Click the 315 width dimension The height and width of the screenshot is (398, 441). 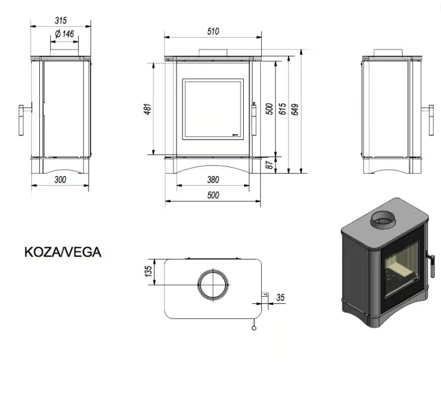coord(61,21)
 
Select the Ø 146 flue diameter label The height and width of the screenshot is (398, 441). coord(64,34)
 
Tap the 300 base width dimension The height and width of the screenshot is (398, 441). coord(60,179)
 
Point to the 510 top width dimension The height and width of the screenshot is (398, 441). coord(213,32)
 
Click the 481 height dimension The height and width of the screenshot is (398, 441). coord(146,108)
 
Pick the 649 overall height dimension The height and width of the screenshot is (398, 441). coord(295,109)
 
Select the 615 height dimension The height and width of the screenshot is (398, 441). coord(283,109)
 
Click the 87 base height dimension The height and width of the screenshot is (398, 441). coord(269,165)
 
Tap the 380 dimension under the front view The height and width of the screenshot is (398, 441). coord(213,179)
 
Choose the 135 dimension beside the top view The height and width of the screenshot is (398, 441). coord(148,272)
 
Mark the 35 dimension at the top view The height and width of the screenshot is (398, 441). coord(281,298)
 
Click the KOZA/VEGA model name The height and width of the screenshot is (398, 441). coord(63,252)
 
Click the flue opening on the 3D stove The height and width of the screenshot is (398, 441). coord(385,220)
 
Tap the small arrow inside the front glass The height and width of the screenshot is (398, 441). coord(236,133)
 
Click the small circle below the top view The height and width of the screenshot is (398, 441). coord(253,327)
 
